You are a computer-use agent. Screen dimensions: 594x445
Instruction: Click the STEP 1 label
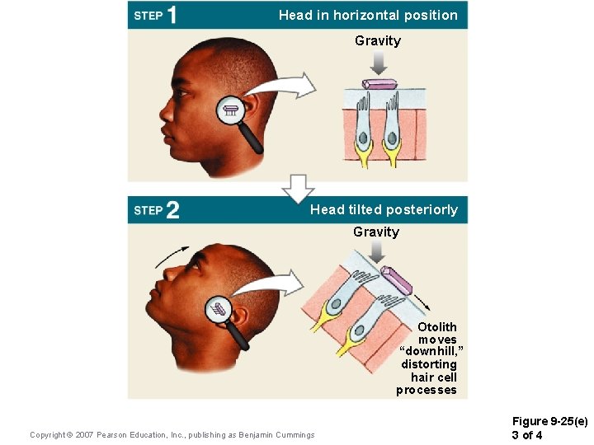(155, 15)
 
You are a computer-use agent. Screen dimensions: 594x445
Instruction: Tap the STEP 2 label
(156, 210)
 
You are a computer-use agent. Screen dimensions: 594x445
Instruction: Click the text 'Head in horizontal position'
(368, 15)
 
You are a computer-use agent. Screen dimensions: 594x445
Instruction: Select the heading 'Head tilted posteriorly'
(384, 209)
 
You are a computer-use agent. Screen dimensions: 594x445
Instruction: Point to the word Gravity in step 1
(378, 40)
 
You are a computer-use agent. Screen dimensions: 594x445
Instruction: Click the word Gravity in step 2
(376, 232)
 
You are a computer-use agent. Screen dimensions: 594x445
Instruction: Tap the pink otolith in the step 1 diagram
(380, 84)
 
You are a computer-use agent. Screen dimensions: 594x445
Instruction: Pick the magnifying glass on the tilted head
(219, 311)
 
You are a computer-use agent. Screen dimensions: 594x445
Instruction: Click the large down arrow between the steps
(298, 189)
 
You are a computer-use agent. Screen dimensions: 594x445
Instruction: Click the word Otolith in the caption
(436, 327)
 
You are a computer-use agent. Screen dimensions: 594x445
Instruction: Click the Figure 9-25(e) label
(549, 422)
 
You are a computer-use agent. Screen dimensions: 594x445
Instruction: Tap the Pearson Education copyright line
(172, 434)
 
